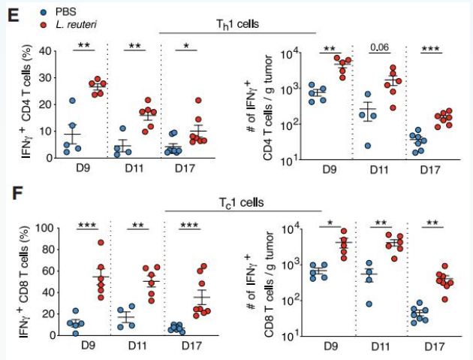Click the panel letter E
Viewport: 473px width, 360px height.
tap(13, 15)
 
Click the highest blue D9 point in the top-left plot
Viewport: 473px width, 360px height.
tap(73, 101)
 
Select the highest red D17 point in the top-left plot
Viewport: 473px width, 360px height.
tap(198, 100)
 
